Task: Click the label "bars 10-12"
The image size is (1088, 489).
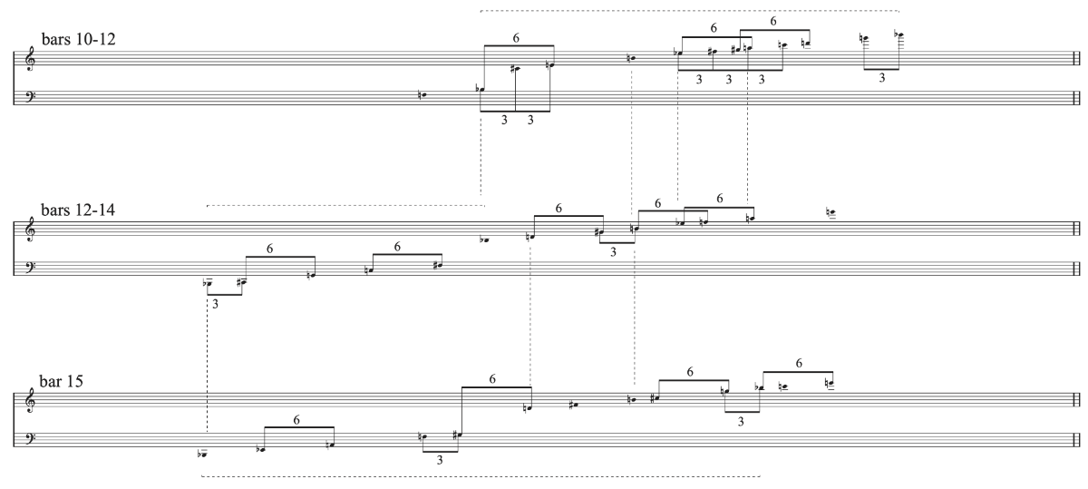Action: (76, 40)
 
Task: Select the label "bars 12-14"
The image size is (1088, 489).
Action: (76, 210)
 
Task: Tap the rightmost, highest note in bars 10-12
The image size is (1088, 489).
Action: (899, 35)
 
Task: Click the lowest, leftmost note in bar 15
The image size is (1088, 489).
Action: (205, 453)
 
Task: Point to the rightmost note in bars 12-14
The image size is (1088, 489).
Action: (831, 213)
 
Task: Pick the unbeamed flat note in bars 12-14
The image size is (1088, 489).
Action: (486, 240)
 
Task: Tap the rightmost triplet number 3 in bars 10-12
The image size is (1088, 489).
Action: (881, 78)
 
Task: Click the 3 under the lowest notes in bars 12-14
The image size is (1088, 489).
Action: (216, 305)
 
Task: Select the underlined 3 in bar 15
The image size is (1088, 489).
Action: (440, 460)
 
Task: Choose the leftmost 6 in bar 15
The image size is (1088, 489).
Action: (296, 420)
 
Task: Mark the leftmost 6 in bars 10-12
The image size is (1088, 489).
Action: (516, 38)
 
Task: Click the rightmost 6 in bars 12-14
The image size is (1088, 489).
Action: (719, 198)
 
